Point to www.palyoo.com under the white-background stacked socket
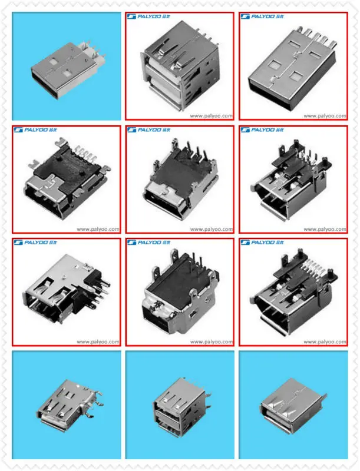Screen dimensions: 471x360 (212, 116)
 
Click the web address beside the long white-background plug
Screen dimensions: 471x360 (325, 116)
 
